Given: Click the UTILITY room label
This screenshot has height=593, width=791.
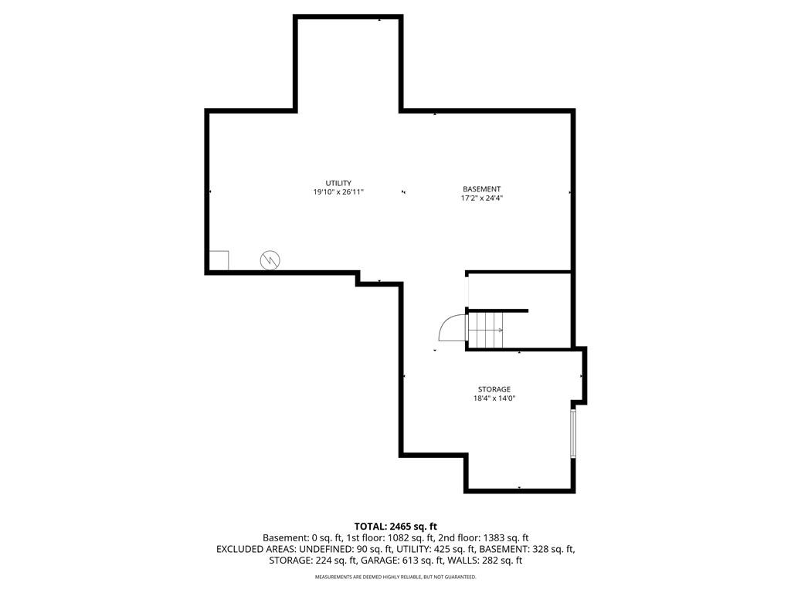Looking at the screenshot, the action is point(338,183).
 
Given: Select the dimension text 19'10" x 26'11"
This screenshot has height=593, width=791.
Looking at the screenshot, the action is point(338,192).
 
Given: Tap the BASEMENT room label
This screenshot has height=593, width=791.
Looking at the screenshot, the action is point(482,189).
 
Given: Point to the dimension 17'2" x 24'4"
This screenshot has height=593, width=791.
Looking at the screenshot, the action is point(482,198).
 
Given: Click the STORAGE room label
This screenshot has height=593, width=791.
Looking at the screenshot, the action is point(494,389).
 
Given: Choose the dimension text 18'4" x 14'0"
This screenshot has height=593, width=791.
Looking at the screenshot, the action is point(494,398).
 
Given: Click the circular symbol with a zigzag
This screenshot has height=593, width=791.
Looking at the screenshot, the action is point(270,260).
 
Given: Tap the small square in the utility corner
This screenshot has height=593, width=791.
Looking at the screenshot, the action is point(219,261).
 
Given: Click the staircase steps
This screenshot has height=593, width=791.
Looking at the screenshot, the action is point(486,330).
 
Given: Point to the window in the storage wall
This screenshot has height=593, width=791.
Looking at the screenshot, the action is point(573,434).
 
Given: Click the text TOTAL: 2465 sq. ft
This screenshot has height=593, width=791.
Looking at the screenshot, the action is point(395,527).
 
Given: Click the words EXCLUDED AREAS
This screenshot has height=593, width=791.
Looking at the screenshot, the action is point(256,549).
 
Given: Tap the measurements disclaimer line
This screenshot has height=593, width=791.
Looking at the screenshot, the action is point(395,577).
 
